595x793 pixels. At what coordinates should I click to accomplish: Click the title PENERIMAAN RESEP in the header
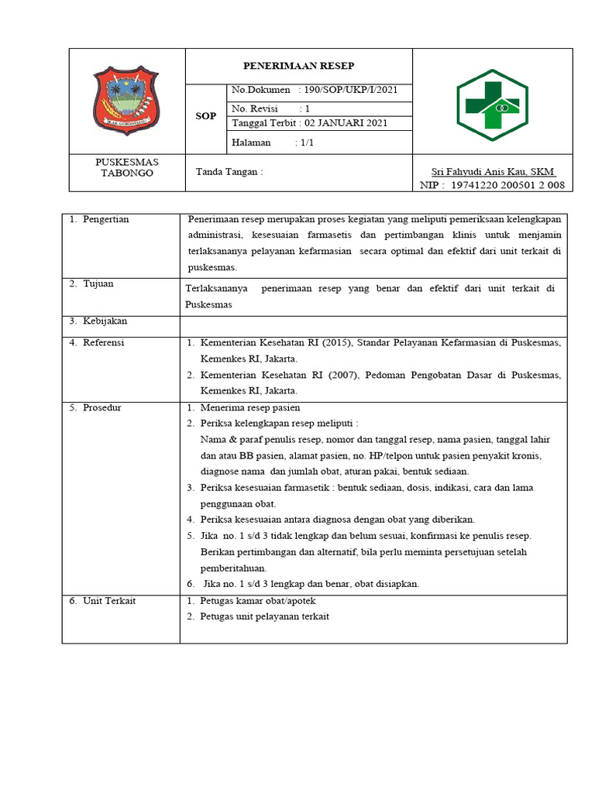[x=298, y=66]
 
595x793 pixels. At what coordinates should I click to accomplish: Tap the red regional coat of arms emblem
[x=126, y=101]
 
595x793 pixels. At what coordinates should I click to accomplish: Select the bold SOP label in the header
[x=205, y=115]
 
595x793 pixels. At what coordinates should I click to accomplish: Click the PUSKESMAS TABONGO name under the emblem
[x=126, y=167]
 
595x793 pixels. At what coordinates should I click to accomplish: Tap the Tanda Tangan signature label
[x=229, y=172]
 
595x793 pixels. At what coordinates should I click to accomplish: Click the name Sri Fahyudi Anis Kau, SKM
[x=494, y=171]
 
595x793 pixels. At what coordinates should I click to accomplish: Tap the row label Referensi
[x=103, y=343]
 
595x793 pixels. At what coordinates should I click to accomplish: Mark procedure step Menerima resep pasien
[x=249, y=407]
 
